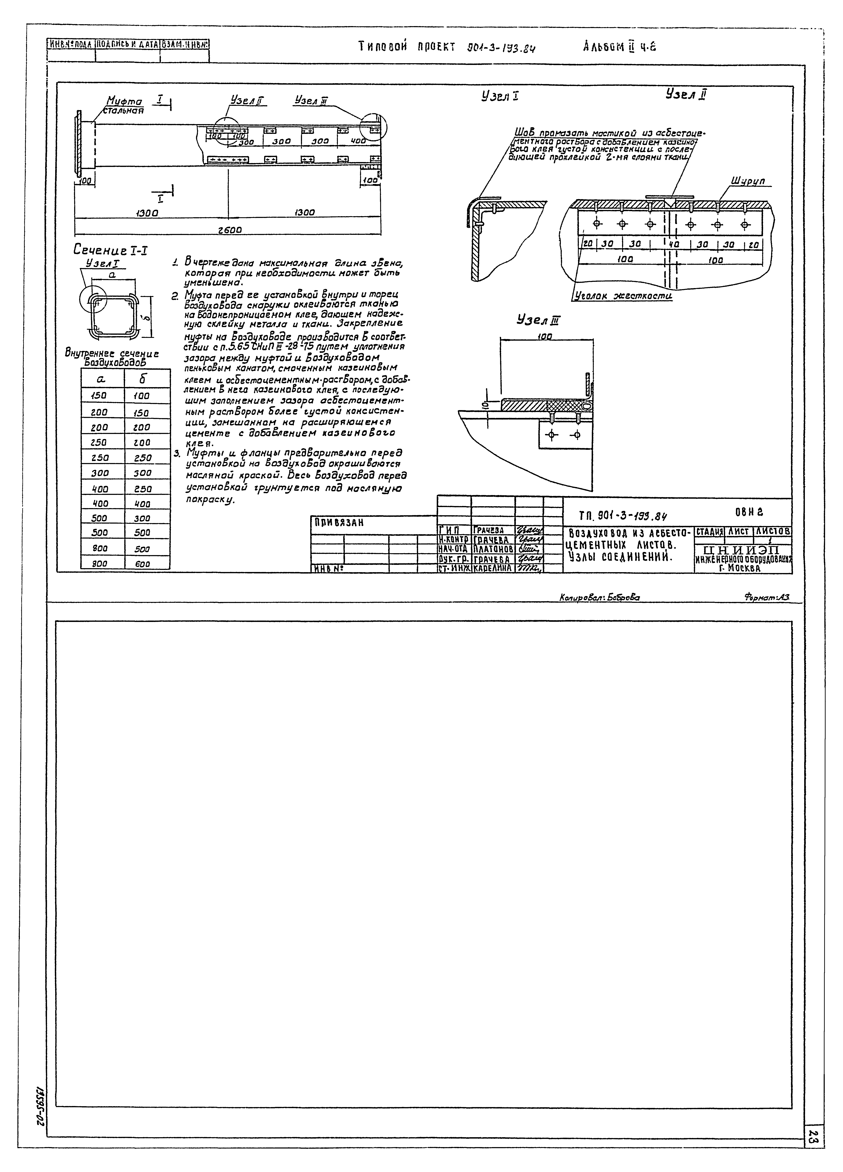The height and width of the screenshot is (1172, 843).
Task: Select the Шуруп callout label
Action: pyautogui.click(x=748, y=181)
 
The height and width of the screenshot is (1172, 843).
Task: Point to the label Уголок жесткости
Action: pyautogui.click(x=623, y=296)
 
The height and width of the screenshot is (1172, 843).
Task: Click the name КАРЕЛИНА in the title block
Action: pyautogui.click(x=493, y=568)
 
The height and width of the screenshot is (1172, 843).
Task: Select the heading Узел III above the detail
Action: pyautogui.click(x=538, y=320)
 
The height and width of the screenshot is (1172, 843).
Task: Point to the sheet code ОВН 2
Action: pyautogui.click(x=749, y=512)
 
